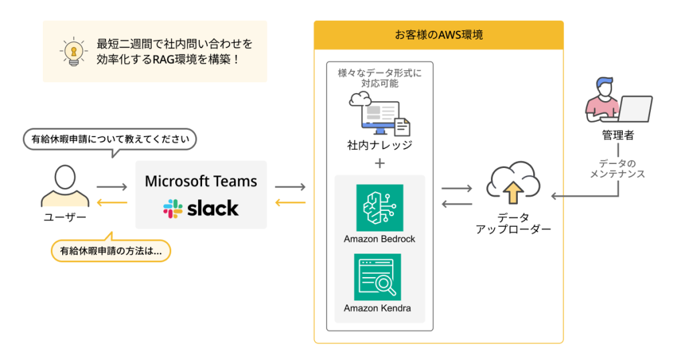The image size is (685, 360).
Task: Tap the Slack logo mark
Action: (173, 208)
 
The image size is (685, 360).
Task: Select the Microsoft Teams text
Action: (201, 181)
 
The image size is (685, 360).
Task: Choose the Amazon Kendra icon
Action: (378, 277)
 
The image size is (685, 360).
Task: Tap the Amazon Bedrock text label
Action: (379, 239)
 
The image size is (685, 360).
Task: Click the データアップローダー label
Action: (513, 223)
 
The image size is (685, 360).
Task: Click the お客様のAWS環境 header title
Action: (438, 35)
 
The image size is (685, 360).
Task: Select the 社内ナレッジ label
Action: (379, 145)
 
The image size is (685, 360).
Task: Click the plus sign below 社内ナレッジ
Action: (379, 163)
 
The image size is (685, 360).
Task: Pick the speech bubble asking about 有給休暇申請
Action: (110, 140)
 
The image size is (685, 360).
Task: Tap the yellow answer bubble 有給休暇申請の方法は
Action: (110, 251)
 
